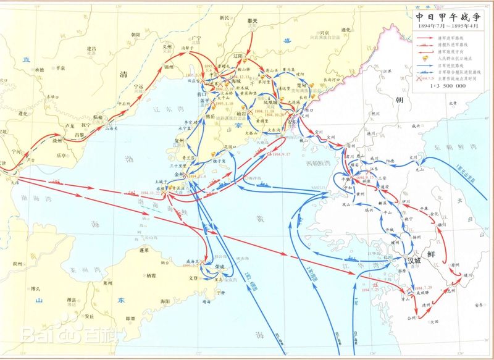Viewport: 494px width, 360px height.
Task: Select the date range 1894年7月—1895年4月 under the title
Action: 446,28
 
